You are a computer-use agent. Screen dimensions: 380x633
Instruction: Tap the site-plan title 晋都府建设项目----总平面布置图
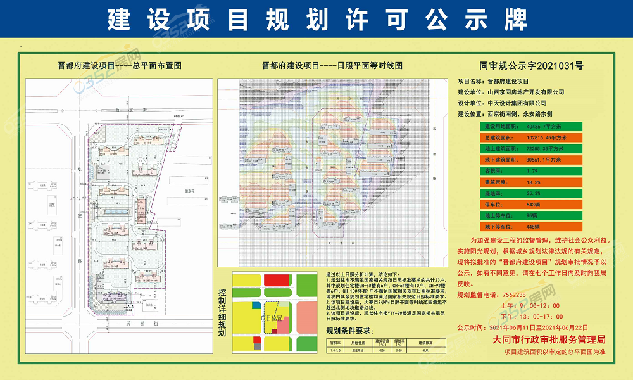[120, 65]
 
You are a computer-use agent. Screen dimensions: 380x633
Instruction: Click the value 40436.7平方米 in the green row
[548, 126]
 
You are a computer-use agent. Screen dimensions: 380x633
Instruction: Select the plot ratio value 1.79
[534, 170]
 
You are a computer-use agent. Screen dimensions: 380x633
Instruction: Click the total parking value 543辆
[536, 204]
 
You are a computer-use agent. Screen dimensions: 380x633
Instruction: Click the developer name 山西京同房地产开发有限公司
[525, 92]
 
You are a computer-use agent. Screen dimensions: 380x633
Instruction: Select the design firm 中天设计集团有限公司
[517, 103]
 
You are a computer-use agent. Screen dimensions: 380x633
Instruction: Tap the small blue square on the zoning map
[256, 305]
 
